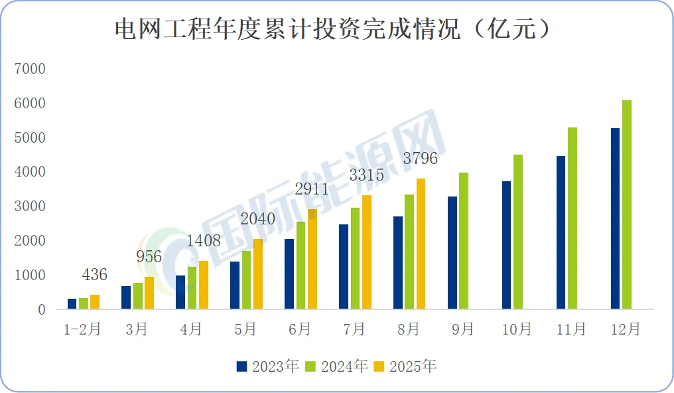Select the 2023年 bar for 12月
(615, 218)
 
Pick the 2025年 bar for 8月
(421, 244)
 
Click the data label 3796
(420, 160)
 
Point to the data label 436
(95, 275)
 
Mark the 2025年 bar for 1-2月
(95, 302)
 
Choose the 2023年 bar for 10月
(506, 245)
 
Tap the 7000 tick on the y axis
(32, 68)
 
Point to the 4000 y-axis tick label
(32, 172)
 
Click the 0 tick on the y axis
(41, 309)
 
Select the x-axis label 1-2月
(82, 329)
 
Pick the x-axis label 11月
(571, 329)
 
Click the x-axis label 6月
(300, 329)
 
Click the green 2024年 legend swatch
(310, 366)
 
